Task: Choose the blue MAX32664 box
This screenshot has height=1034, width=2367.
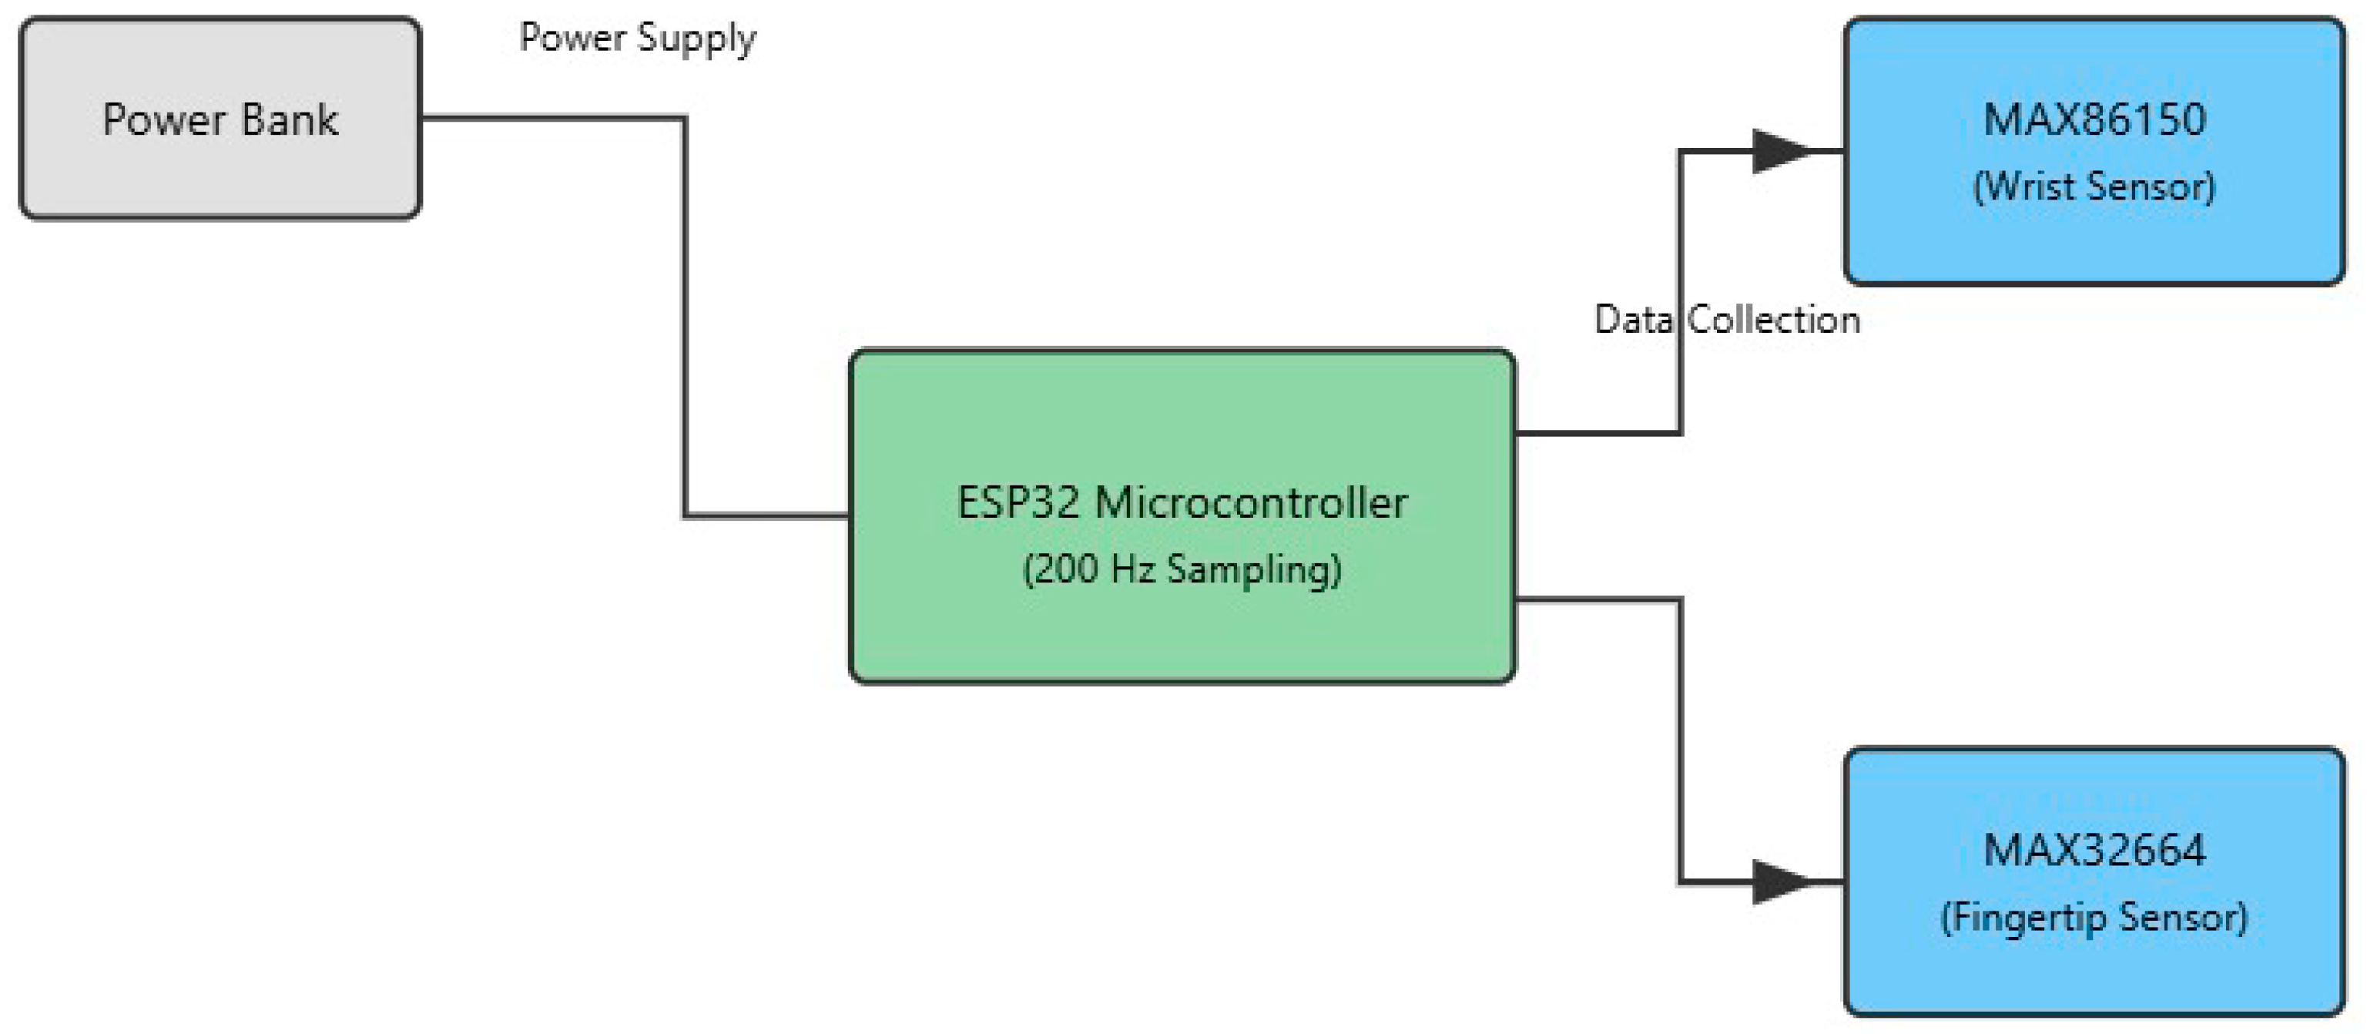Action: click(x=2095, y=974)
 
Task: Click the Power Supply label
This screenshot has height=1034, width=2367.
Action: click(x=637, y=38)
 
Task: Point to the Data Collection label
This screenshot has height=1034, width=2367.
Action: click(x=1727, y=320)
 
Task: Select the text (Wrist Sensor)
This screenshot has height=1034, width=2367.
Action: click(x=2094, y=186)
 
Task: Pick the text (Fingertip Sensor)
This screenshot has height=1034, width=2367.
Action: click(x=2094, y=918)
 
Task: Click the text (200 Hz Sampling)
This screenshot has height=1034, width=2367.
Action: click(x=1182, y=569)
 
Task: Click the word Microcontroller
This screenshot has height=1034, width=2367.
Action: click(x=1251, y=504)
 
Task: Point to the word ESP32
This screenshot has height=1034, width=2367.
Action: click(x=1018, y=504)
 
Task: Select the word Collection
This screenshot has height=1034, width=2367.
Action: click(x=1773, y=320)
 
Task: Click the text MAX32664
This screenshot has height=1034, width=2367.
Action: click(x=2094, y=850)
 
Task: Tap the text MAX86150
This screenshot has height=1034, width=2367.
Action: click(x=2094, y=120)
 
